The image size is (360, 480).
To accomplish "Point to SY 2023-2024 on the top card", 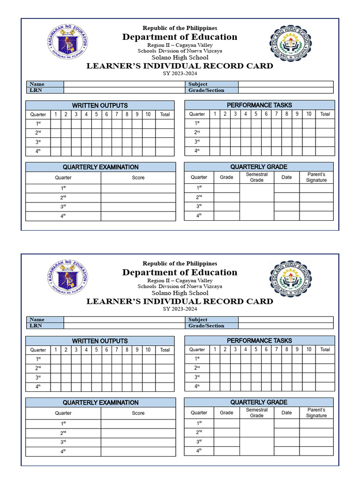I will [x=180, y=74].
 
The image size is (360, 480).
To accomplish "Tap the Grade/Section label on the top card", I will [x=206, y=90].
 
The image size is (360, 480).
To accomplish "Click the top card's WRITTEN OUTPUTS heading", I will [x=100, y=105].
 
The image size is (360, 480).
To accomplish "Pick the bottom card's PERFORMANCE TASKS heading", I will [x=259, y=341].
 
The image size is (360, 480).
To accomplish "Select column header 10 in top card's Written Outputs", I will [x=148, y=114].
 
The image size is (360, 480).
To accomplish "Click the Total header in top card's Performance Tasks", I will [x=325, y=114].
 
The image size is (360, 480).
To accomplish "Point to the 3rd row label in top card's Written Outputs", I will [x=38, y=142].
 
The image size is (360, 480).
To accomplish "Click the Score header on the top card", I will [x=138, y=178].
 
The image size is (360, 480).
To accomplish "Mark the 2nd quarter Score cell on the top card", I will [x=138, y=197].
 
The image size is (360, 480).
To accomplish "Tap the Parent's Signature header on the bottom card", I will [x=316, y=412].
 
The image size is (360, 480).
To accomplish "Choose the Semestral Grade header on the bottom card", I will [x=256, y=412].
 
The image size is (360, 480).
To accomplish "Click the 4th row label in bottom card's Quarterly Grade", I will [x=199, y=451].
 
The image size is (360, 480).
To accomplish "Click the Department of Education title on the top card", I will [x=180, y=37].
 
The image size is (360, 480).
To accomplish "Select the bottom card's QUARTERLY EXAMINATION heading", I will [x=101, y=403].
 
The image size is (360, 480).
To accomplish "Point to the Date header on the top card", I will [x=286, y=177].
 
